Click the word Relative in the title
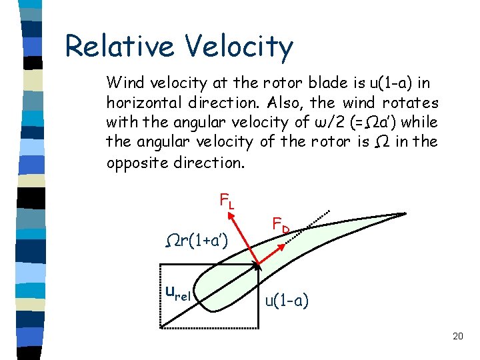pos(118,47)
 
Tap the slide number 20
pos(457,336)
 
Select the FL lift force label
pos(226,201)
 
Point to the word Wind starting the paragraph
pos(123,83)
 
